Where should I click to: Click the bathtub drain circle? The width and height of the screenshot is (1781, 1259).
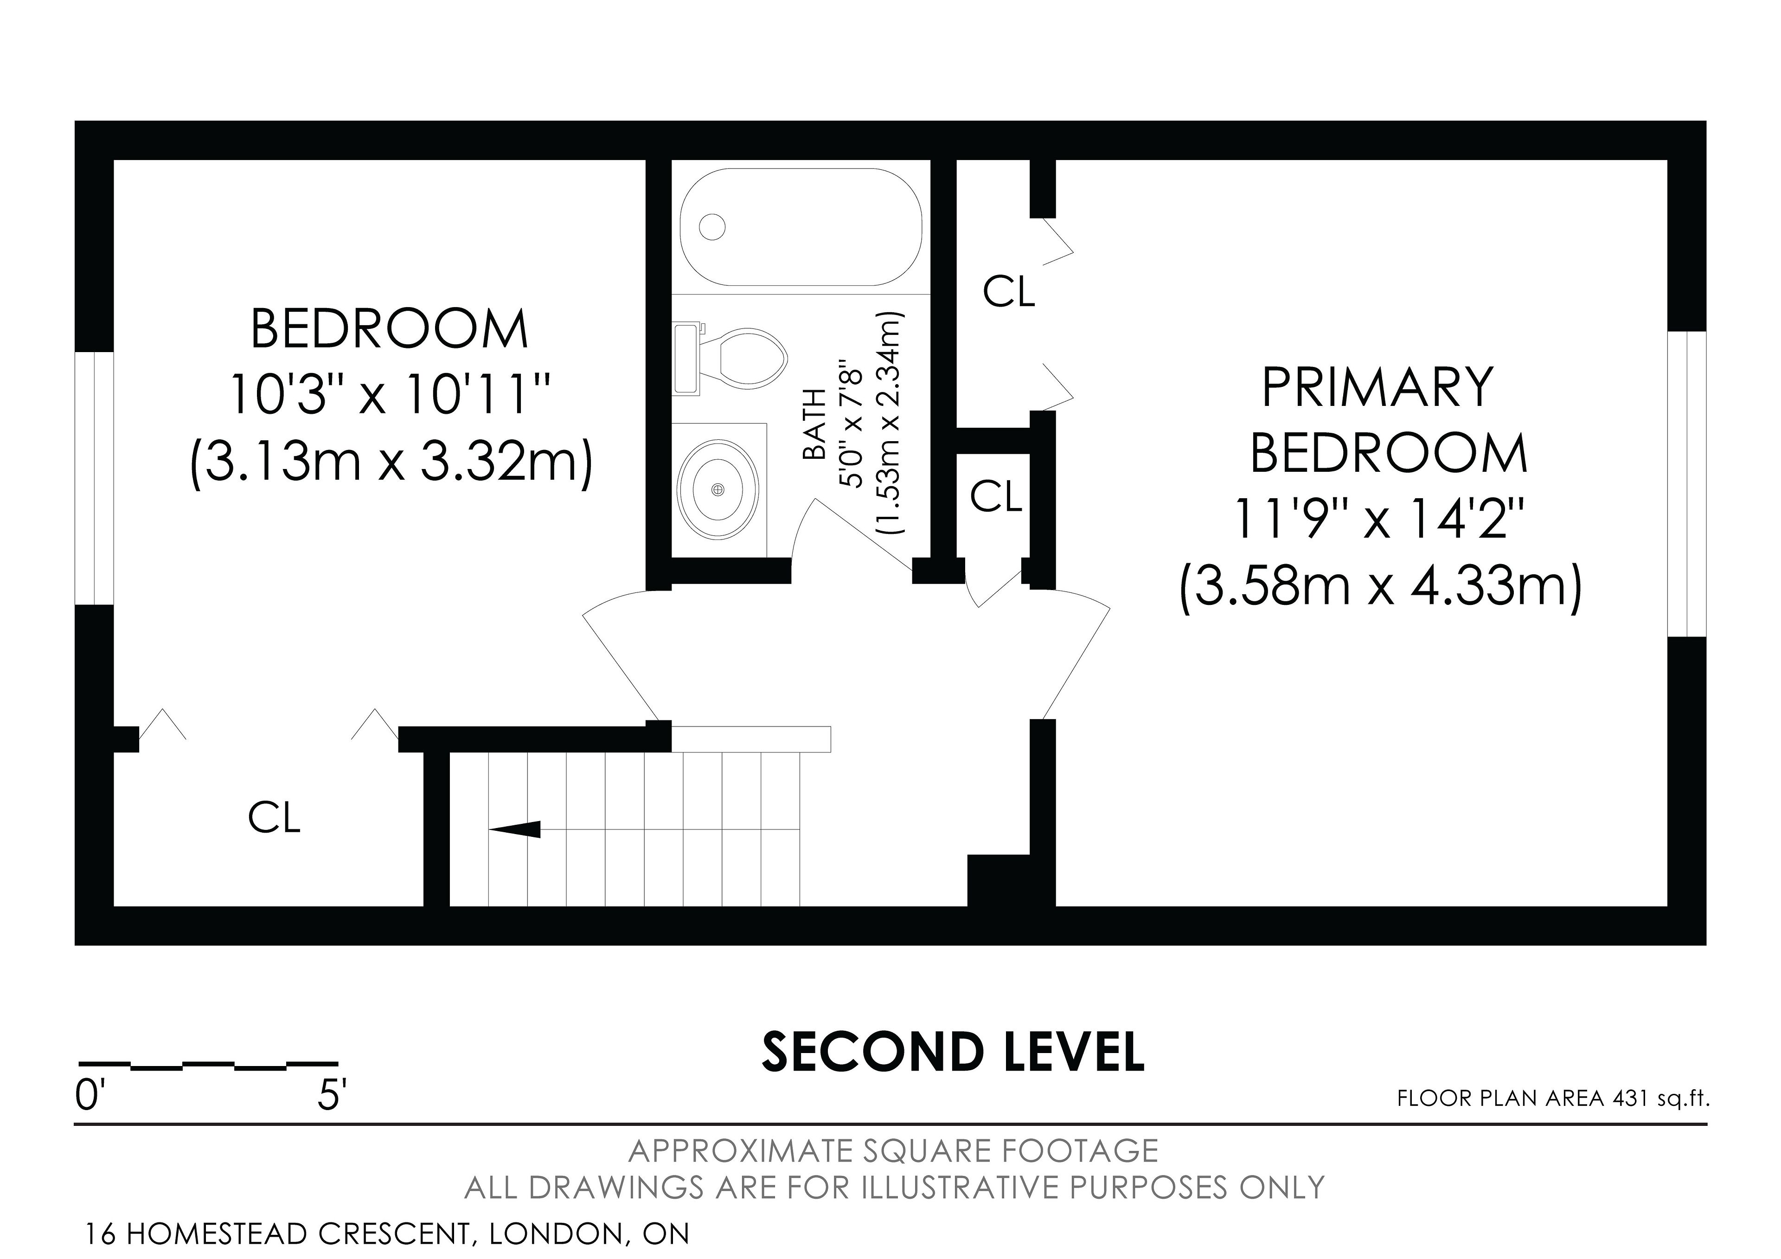[712, 227]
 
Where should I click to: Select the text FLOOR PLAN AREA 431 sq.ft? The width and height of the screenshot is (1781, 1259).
[1552, 1099]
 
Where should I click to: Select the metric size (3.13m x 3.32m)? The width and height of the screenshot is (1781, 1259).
[392, 462]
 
